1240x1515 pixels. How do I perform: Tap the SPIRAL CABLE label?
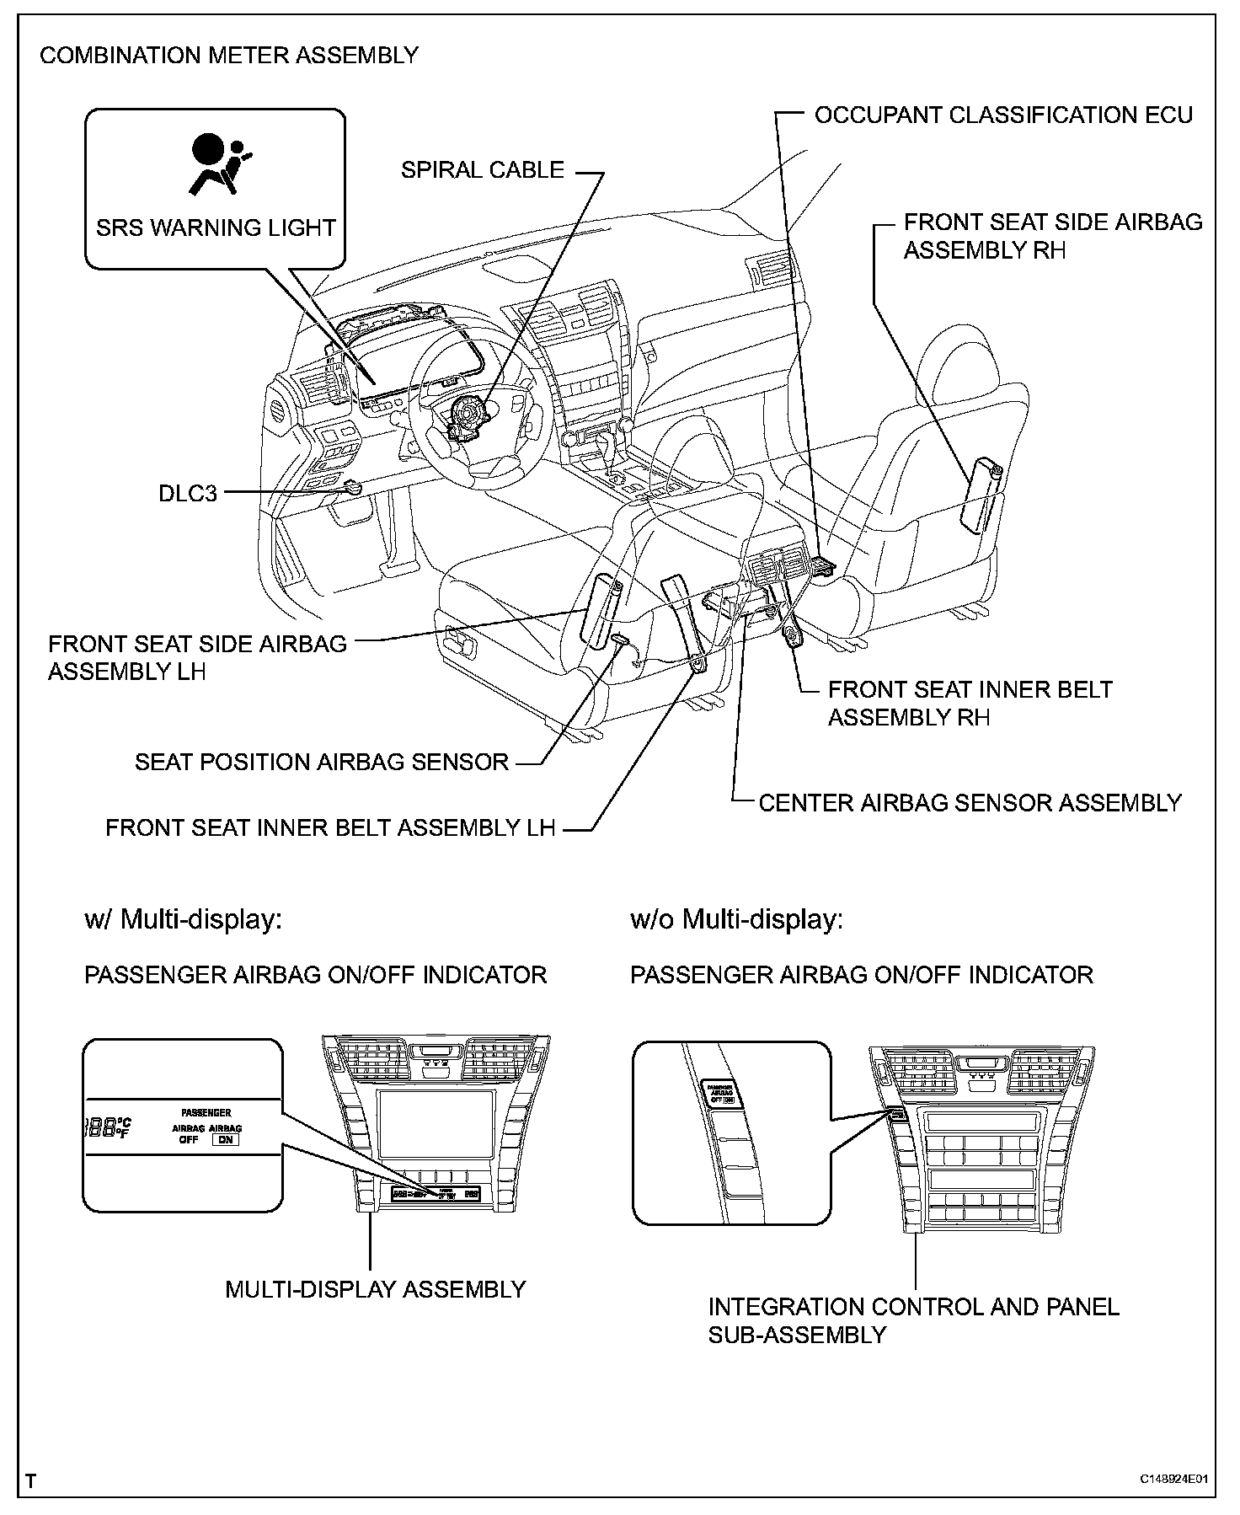(x=482, y=170)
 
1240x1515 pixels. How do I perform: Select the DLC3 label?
(x=188, y=493)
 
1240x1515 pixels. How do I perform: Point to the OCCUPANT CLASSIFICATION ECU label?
(x=1003, y=115)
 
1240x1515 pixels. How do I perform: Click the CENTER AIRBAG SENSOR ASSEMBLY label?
(x=970, y=803)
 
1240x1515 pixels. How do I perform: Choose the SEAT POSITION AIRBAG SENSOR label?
(x=322, y=763)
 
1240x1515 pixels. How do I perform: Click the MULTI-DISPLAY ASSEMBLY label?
(x=376, y=1290)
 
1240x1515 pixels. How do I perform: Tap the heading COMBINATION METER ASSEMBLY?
(x=229, y=56)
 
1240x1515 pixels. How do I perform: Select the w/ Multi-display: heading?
(x=183, y=919)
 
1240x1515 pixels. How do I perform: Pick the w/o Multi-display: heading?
(x=736, y=919)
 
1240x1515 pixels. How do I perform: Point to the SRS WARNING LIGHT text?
(x=216, y=228)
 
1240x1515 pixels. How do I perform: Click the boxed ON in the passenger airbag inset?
(x=225, y=1140)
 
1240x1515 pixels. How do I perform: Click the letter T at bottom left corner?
(x=31, y=1480)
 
